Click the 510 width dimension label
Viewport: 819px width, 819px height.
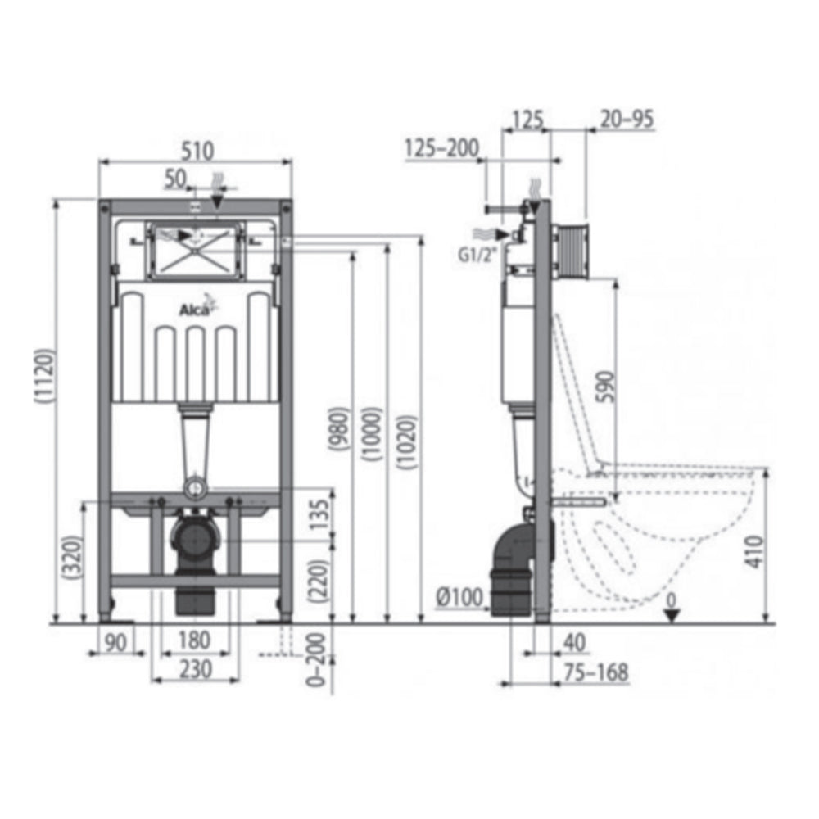click(196, 150)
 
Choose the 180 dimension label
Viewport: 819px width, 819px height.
click(195, 639)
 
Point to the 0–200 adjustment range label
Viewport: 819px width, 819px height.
click(321, 659)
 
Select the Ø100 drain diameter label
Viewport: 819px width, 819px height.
click(459, 599)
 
